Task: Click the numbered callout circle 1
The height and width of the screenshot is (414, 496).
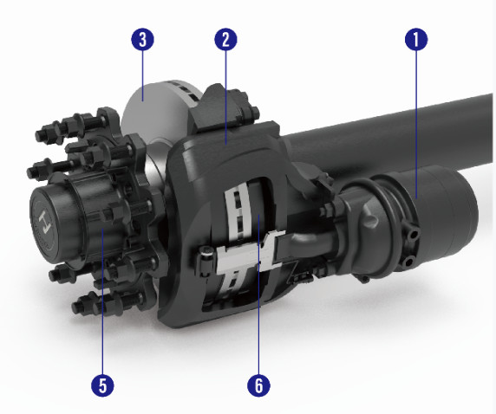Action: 416,39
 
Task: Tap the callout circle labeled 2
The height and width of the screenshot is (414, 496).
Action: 225,40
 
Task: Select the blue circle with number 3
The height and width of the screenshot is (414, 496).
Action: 143,39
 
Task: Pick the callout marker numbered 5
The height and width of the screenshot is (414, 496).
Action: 102,385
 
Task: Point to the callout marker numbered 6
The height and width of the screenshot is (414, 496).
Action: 258,385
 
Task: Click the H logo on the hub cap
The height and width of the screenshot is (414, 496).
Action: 44,220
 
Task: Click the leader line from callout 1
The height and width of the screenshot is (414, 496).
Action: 416,124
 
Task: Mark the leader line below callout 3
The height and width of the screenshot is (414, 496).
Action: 143,75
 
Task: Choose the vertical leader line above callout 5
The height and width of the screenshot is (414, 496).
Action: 102,301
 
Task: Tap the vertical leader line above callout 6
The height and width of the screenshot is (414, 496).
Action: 258,294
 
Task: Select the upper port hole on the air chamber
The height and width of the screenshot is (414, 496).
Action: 414,235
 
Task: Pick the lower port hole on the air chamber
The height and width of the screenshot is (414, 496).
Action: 408,262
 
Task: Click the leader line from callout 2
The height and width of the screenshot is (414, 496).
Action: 225,97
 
